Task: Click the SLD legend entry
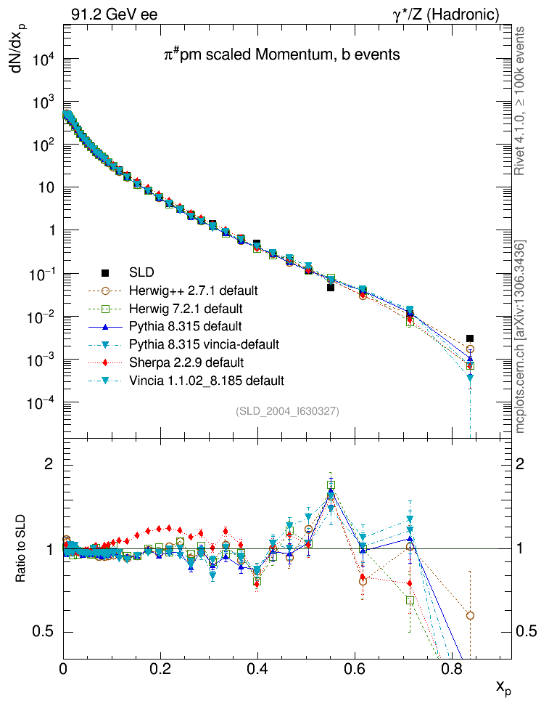coord(141,273)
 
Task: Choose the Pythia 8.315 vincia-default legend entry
coord(204,344)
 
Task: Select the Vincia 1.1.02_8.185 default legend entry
coord(206,380)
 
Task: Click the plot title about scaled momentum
coord(281,54)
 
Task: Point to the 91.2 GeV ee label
coord(114,14)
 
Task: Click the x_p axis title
coord(503,686)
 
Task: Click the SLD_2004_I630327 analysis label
coord(287,411)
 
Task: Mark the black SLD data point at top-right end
coord(470,338)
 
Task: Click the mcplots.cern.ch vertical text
coord(520,337)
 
